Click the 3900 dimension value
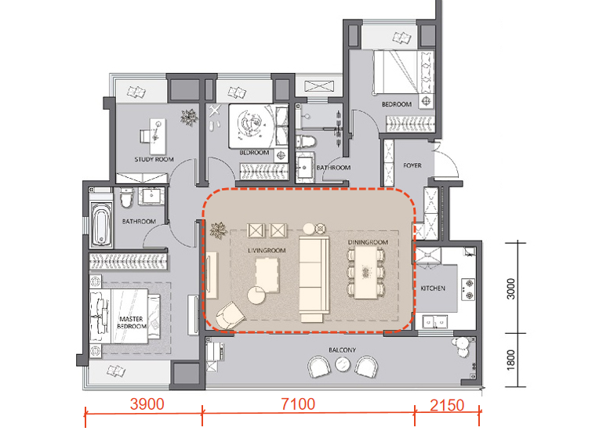[147, 404]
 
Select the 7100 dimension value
[298, 404]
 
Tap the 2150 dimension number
[447, 405]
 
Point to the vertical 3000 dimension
[510, 288]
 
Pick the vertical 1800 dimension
[510, 360]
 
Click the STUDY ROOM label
[154, 159]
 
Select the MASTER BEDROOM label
[132, 323]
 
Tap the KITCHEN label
[433, 288]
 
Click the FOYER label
[412, 165]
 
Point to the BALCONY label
[342, 350]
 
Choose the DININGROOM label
[368, 242]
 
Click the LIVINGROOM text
[267, 251]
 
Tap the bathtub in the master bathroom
[101, 224]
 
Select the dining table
[366, 273]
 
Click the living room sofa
[313, 278]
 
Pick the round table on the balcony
[343, 364]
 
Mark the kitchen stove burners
[468, 288]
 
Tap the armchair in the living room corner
[231, 316]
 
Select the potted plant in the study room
[189, 117]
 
